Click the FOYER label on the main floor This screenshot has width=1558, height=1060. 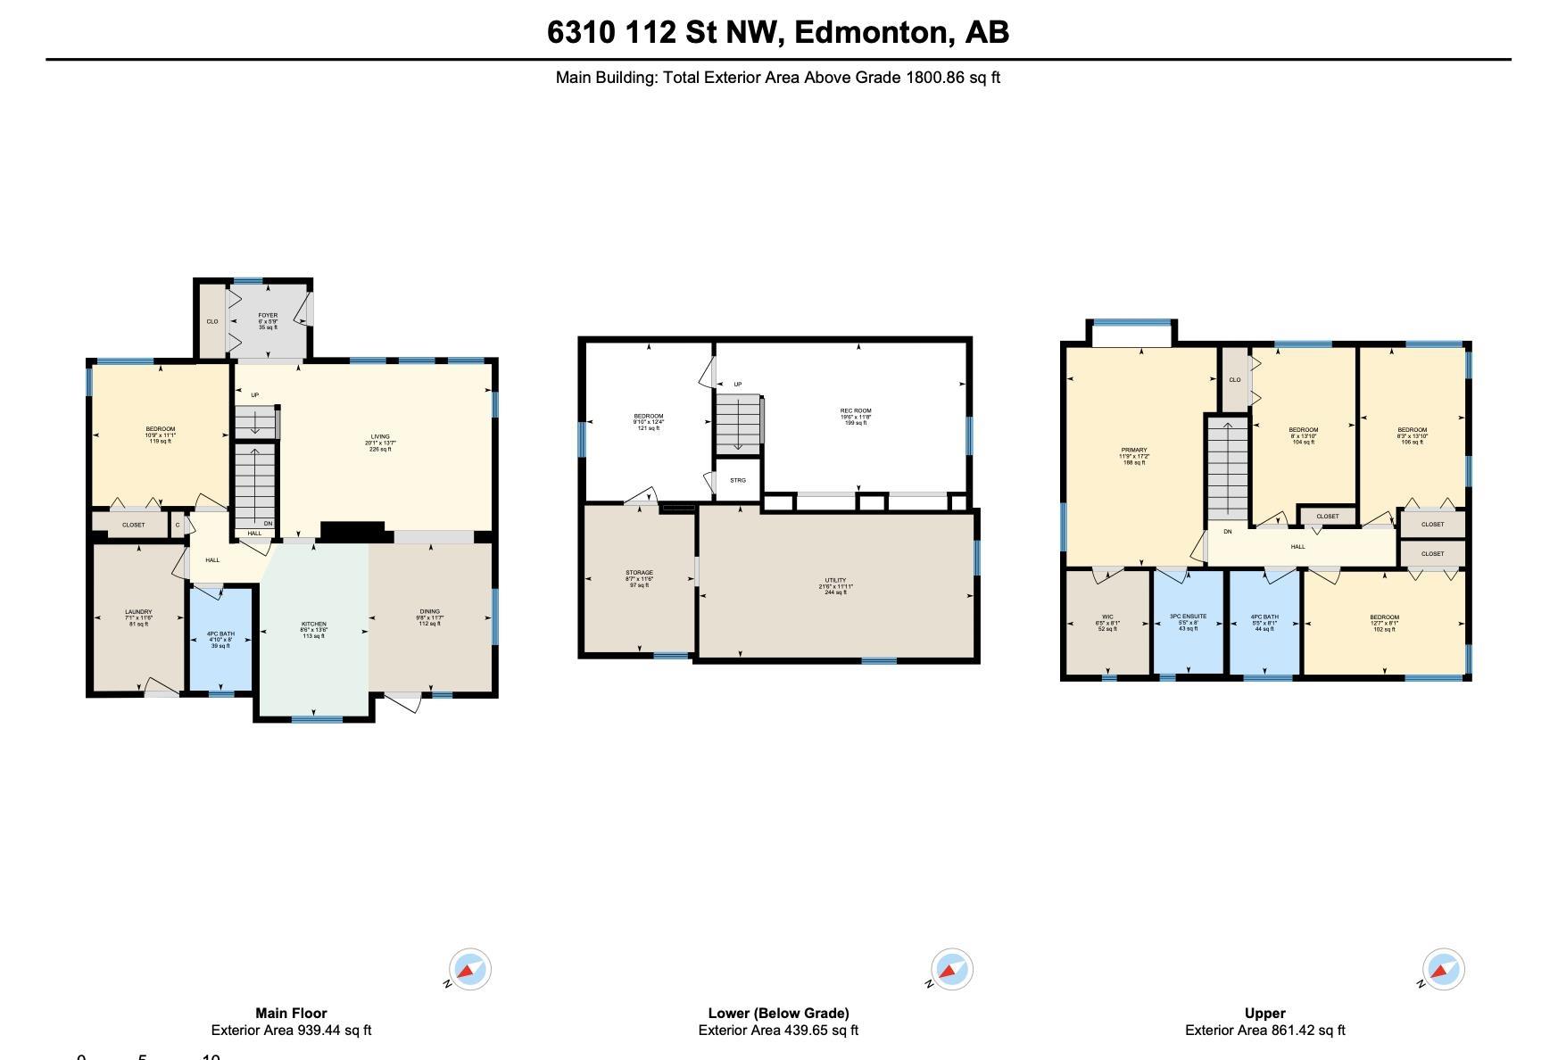tap(268, 316)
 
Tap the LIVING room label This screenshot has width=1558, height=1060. tap(380, 437)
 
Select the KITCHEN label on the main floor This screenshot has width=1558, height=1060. tap(313, 625)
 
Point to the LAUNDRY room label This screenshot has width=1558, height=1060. tap(138, 613)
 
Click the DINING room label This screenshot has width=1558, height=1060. tap(429, 613)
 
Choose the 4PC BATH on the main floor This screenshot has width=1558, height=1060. tap(220, 634)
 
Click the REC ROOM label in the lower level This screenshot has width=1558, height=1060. tap(855, 411)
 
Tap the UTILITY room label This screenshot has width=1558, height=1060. tap(835, 581)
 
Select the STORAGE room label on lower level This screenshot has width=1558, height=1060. tap(639, 573)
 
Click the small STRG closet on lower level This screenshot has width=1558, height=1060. tap(738, 480)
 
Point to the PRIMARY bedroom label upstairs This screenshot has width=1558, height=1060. tap(1134, 451)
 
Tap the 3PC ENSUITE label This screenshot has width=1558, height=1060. tap(1188, 617)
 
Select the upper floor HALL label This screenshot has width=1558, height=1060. tap(1297, 547)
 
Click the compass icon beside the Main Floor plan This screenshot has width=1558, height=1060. tap(469, 969)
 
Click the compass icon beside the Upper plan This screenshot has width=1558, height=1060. tap(1442, 969)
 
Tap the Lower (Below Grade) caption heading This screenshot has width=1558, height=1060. tap(778, 1013)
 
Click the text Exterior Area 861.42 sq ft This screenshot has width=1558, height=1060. tap(1264, 1031)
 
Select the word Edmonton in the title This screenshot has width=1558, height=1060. tap(872, 32)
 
